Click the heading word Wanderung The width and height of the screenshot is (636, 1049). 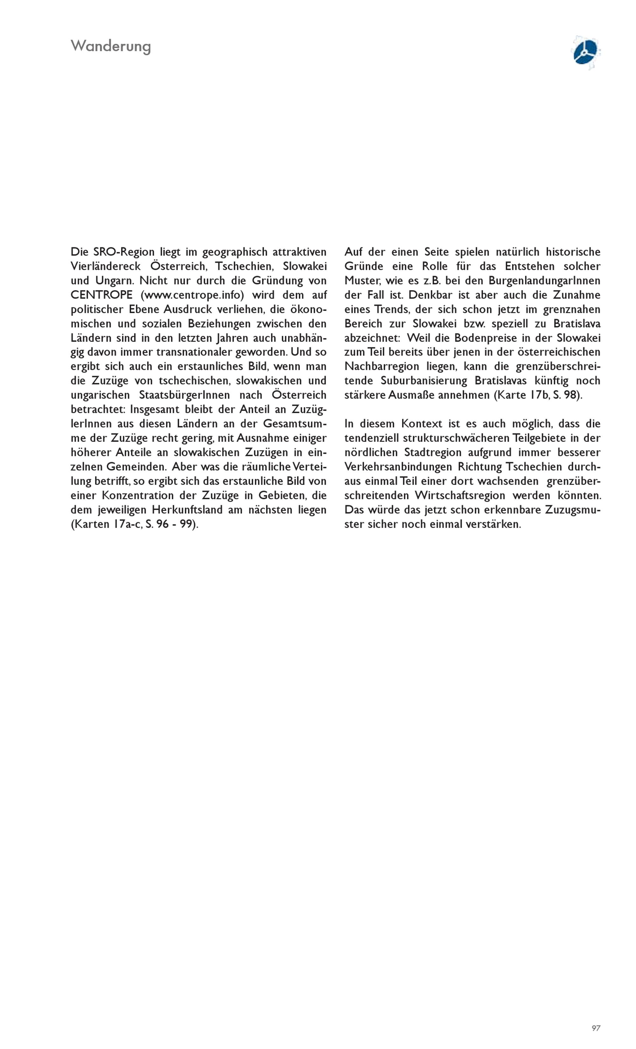pyautogui.click(x=110, y=46)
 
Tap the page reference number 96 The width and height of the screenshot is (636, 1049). pyautogui.click(x=162, y=524)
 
